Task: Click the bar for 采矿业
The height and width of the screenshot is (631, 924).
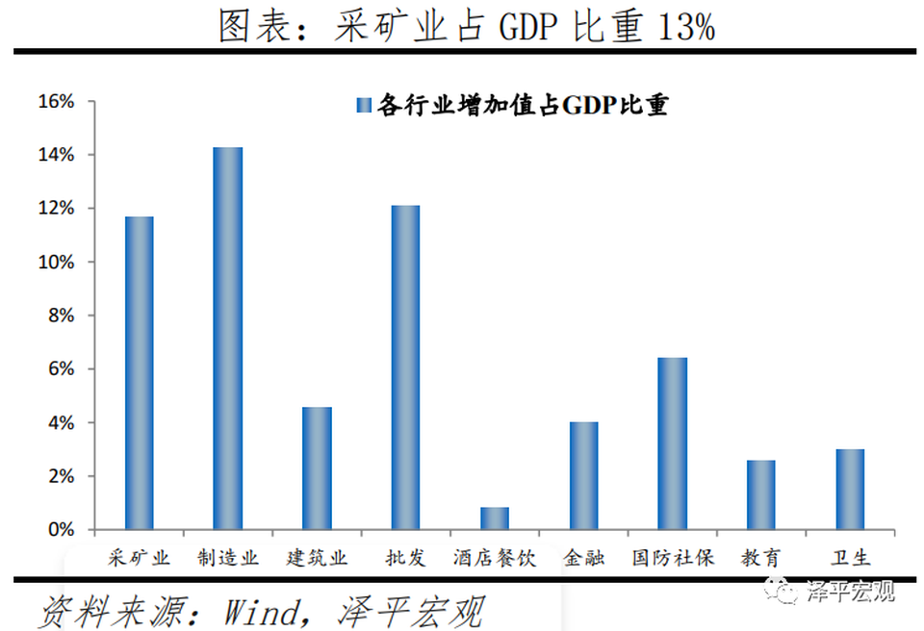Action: click(139, 373)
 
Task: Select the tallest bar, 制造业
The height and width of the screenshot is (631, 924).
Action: click(228, 339)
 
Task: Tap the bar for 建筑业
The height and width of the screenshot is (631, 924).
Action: click(317, 468)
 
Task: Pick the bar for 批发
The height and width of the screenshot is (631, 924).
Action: click(405, 367)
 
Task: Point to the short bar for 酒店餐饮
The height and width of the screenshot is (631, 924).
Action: click(495, 518)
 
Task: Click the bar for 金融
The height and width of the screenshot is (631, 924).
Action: click(583, 476)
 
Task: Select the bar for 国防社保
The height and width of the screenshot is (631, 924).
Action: click(673, 443)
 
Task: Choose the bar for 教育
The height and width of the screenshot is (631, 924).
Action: click(761, 494)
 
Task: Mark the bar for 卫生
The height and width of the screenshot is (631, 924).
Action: click(850, 490)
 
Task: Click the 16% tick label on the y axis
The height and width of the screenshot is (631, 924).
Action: click(55, 102)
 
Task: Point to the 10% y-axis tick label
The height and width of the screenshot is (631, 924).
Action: click(55, 263)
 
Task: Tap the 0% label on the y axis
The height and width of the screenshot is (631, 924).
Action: click(60, 530)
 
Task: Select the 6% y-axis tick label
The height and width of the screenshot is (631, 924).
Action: click(60, 369)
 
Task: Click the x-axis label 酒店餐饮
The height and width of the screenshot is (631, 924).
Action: click(495, 558)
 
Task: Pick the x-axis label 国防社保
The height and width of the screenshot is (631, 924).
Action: click(673, 558)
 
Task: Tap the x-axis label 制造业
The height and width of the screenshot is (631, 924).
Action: click(228, 558)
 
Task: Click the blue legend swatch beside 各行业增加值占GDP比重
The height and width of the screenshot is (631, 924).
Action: click(364, 105)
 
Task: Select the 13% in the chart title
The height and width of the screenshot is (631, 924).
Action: click(684, 28)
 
